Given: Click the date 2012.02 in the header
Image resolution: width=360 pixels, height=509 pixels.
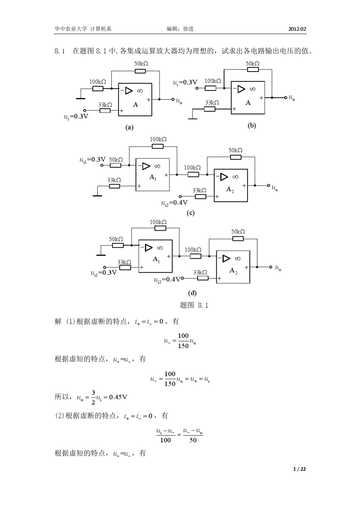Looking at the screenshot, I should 297,29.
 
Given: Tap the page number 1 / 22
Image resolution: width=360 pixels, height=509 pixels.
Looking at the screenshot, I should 300,469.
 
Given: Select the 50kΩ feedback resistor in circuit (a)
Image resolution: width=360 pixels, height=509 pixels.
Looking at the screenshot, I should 140,71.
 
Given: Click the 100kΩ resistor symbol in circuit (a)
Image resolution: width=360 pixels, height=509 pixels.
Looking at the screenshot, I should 98,89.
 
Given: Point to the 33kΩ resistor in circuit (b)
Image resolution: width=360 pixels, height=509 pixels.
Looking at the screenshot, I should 210,109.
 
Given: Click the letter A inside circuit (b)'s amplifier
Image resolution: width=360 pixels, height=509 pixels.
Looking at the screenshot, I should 248,103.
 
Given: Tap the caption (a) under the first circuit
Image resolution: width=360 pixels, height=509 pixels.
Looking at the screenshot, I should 130,128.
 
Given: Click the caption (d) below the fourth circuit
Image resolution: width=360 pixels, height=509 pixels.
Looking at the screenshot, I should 193,293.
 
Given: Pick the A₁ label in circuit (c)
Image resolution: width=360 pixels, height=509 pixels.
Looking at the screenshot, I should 153,177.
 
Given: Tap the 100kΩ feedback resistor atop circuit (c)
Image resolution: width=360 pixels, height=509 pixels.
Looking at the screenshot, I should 158,146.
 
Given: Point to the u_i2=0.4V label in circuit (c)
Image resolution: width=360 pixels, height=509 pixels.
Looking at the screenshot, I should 175,203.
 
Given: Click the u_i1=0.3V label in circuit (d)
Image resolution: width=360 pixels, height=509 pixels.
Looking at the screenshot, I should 103,272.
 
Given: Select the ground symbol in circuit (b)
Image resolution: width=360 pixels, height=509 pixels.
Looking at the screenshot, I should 193,119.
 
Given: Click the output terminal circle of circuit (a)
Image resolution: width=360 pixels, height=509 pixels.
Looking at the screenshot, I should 173,100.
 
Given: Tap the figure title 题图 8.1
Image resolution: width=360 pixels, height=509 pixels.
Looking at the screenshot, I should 194,305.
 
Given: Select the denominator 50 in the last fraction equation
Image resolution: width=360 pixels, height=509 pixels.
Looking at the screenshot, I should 193,440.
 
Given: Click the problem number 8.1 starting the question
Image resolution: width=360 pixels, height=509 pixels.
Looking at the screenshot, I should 61,51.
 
